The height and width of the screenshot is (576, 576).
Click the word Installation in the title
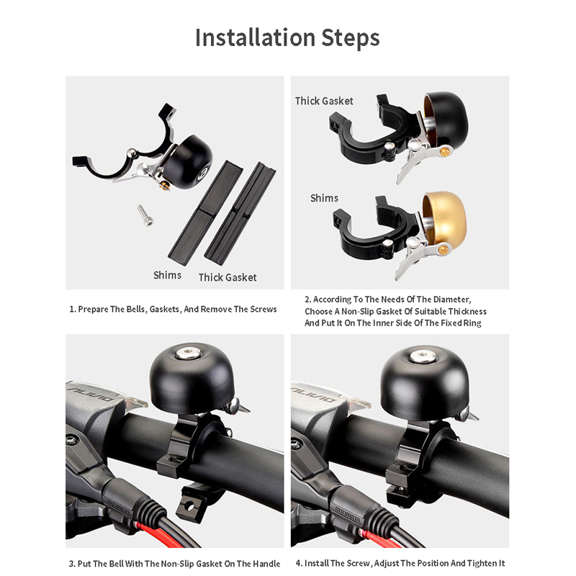point(255,38)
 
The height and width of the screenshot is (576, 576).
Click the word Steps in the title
point(351,39)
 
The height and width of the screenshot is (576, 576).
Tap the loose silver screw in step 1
point(145,215)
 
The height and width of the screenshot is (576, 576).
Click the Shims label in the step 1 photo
point(168,275)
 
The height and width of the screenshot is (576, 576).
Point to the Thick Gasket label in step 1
point(228,277)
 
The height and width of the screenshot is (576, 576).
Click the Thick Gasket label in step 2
point(324,101)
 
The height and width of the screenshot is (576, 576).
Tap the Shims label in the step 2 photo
point(325,198)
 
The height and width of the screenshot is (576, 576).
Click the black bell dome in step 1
point(188,161)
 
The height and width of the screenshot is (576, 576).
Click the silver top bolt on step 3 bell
point(188,353)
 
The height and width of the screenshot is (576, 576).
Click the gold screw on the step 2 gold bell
point(445,250)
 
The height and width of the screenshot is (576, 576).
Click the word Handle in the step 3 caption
point(267,564)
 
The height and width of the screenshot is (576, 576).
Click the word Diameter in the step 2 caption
point(451,300)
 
